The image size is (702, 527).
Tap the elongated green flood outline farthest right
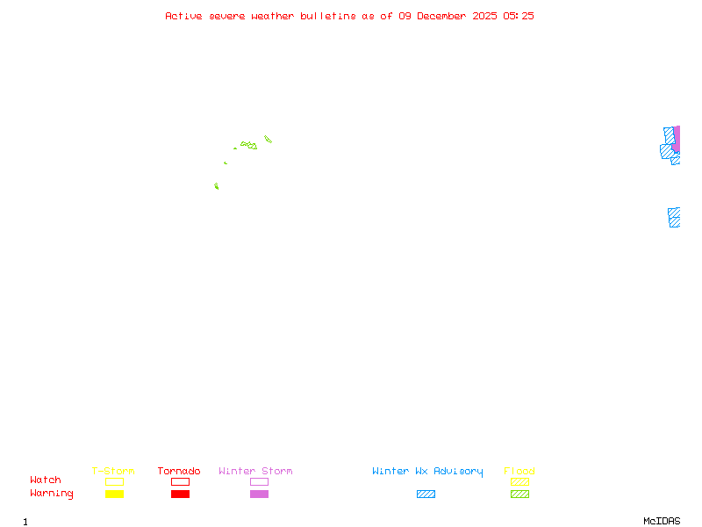pyautogui.click(x=268, y=139)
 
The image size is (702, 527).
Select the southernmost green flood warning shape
pyautogui.click(x=216, y=186)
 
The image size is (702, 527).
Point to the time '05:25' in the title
pyautogui.click(x=518, y=16)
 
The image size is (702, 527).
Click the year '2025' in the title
pyautogui.click(x=484, y=16)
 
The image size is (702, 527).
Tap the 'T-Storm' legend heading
pyautogui.click(x=113, y=471)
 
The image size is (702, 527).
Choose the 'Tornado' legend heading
pyautogui.click(x=179, y=471)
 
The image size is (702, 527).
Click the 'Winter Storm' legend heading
pyautogui.click(x=255, y=471)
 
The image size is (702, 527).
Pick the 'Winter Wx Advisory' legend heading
pyautogui.click(x=427, y=471)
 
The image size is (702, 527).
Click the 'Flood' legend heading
pyautogui.click(x=519, y=471)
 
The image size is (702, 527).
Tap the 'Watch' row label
pyautogui.click(x=46, y=480)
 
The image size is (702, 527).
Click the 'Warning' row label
pyautogui.click(x=52, y=494)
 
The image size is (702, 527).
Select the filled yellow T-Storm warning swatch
pyautogui.click(x=114, y=494)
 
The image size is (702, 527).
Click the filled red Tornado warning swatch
pyautogui.click(x=180, y=494)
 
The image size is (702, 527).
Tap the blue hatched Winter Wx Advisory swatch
pyautogui.click(x=426, y=494)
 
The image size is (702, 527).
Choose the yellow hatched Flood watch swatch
pyautogui.click(x=519, y=481)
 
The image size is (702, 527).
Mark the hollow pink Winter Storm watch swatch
pyautogui.click(x=259, y=481)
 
